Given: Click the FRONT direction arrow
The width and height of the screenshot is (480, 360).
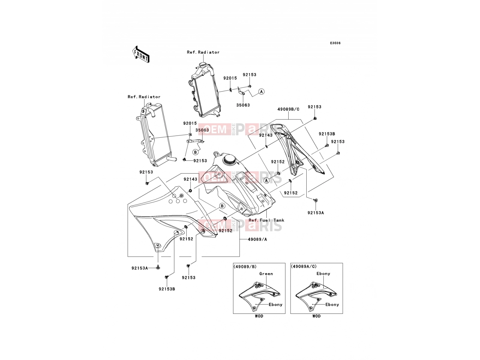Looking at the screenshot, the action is pos(141,54).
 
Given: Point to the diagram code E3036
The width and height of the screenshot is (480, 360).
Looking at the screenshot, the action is pos(335,43).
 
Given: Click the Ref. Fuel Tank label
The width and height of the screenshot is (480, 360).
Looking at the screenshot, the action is pos(266,220).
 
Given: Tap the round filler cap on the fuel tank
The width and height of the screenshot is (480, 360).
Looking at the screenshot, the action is pos(229,160).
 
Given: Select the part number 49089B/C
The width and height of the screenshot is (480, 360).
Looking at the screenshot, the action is pos(288,109).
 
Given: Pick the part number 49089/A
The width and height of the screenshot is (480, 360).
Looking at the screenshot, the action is pos(257,239).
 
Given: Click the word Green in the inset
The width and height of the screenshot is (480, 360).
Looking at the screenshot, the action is pos(266,274).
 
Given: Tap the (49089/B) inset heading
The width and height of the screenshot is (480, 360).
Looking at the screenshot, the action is pos(245,267).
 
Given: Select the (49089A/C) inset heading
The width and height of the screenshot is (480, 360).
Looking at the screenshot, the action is pos(304,266).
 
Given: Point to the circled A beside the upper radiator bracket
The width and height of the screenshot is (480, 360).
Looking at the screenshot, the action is pos(261,91).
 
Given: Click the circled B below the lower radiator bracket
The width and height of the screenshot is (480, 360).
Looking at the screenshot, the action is pos(196,152).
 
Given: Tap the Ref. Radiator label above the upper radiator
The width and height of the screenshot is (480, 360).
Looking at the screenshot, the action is pos(203,52).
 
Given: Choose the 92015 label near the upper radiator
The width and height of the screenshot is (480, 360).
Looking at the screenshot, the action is pos(230,78).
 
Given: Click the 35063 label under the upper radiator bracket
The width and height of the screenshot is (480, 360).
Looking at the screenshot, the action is pos(243,105).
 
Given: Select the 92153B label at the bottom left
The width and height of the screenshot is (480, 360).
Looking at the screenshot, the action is pos(167,289).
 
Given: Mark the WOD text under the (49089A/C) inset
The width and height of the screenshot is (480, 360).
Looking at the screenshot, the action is pos(316,316).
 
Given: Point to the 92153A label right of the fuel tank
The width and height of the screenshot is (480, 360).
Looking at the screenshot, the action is pos(316,213).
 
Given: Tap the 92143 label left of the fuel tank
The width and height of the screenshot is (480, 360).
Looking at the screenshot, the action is pos(190,179).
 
